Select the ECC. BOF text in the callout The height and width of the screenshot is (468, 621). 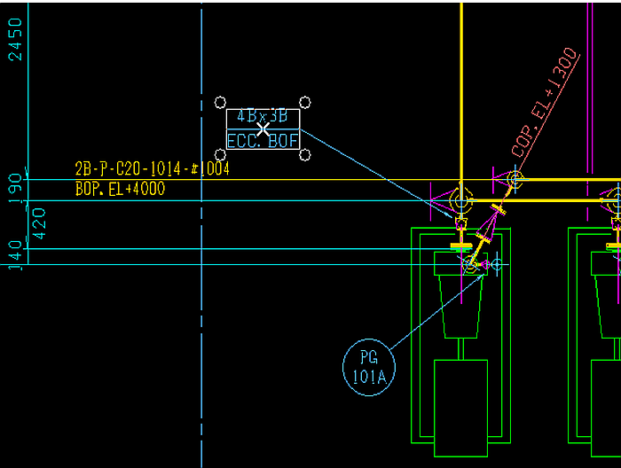tap(263, 141)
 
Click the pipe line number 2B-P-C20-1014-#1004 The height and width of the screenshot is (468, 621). tap(152, 169)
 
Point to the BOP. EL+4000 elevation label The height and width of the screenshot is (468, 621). tap(120, 189)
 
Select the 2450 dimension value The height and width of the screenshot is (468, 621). tap(15, 39)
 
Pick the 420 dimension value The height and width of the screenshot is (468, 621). tap(38, 224)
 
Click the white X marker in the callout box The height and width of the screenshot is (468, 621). tap(263, 129)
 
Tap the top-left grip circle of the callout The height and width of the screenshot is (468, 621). tap(221, 103)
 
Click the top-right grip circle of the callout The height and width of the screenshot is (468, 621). tap(305, 103)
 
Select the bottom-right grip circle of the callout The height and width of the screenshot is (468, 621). tap(305, 155)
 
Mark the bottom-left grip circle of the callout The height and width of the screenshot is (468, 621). tap(221, 155)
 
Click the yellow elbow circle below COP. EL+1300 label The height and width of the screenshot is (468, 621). tap(515, 180)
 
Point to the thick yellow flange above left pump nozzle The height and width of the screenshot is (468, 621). tap(460, 246)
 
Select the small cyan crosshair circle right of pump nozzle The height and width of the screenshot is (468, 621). tap(496, 264)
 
